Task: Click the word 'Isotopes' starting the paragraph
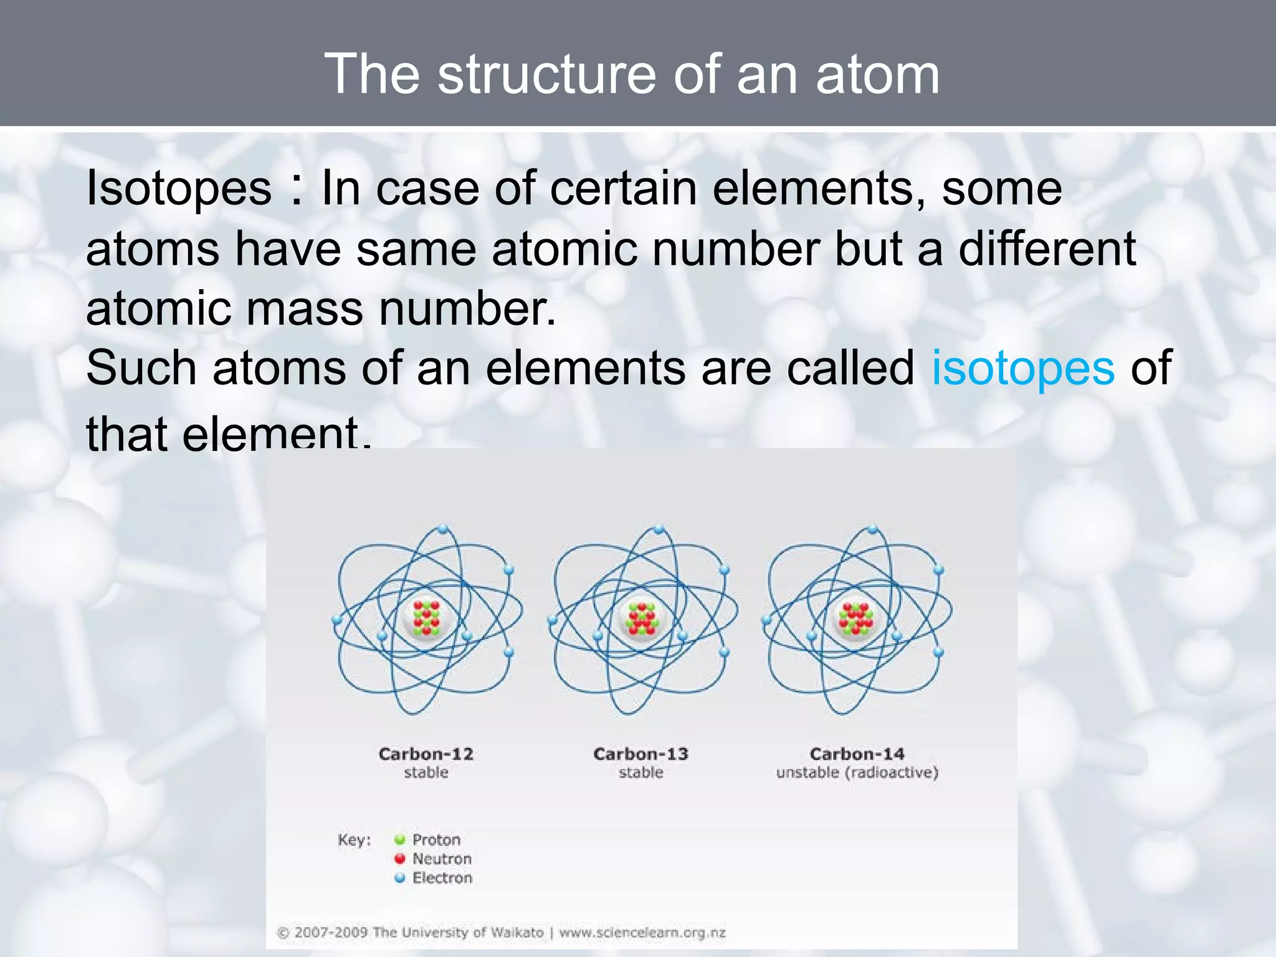pos(179,188)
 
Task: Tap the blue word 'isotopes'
pos(1022,368)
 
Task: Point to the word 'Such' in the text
pos(141,368)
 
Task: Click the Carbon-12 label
pos(426,754)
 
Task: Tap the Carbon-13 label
pos(640,754)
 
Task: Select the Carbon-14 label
pos(857,754)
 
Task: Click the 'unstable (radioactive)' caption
pos(857,773)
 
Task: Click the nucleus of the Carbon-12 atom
pos(426,618)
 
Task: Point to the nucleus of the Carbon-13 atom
pos(641,618)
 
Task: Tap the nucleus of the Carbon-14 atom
pos(856,618)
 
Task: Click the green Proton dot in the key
pos(400,840)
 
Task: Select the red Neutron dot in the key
pos(400,859)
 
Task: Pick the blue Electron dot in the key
pos(400,878)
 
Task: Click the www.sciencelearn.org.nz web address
pos(642,933)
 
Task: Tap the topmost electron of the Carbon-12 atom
pos(443,529)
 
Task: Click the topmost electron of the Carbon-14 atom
pos(872,529)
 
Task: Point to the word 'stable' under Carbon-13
pos(640,773)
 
